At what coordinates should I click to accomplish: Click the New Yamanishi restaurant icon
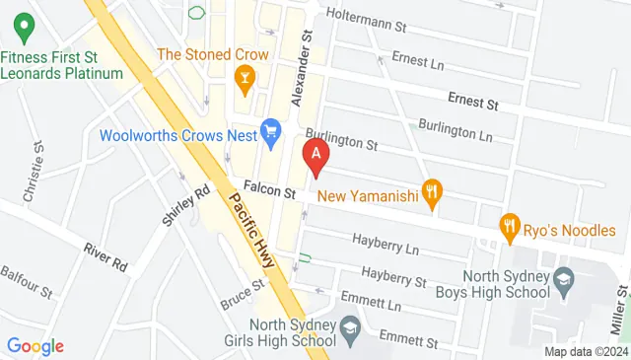click(x=430, y=191)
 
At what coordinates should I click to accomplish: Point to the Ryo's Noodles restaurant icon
click(x=510, y=226)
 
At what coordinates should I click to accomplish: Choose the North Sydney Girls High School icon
click(x=350, y=328)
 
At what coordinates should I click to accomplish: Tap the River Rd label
click(x=105, y=256)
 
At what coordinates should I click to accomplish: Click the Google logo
click(x=35, y=345)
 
